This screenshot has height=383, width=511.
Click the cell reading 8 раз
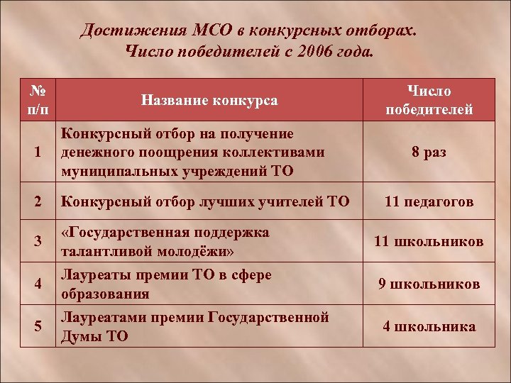[429, 152]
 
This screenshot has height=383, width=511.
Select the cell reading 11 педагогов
[429, 201]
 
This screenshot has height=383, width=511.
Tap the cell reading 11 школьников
[429, 242]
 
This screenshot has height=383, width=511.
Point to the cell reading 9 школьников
[429, 284]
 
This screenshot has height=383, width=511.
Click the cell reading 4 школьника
[429, 326]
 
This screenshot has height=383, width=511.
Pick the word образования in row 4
[106, 294]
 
